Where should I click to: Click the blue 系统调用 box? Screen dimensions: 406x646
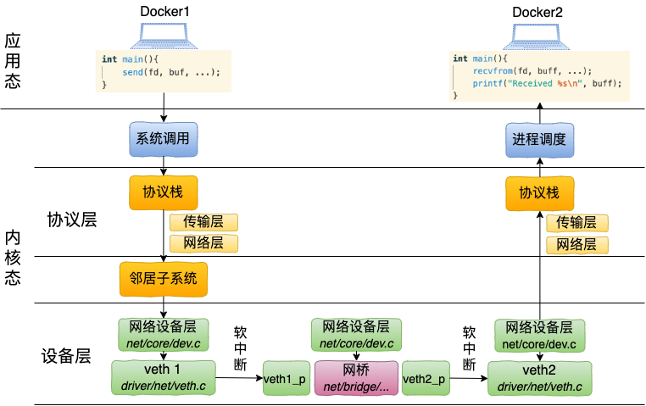coord(164,139)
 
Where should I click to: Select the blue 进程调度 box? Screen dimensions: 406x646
coord(538,139)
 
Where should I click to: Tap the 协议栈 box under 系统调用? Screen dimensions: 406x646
coord(164,193)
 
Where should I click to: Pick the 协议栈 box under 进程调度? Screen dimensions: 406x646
coord(538,193)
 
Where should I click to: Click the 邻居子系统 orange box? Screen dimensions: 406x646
coord(164,278)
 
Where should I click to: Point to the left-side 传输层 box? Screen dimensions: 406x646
coord(203,223)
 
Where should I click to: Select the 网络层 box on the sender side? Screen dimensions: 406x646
coord(203,244)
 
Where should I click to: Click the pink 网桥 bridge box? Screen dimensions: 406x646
coord(356,378)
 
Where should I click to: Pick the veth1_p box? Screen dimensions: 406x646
coord(286,379)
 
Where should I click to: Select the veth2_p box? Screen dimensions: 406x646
coord(425,379)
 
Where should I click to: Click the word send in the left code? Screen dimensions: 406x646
coord(132,72)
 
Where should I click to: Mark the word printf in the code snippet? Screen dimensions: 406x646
coord(487,84)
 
